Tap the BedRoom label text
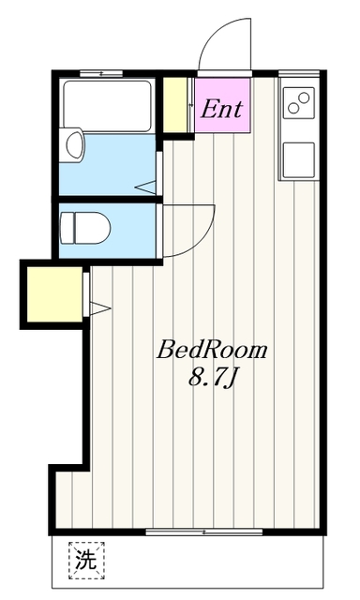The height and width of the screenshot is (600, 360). [x=212, y=352]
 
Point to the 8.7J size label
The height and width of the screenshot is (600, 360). [x=213, y=379]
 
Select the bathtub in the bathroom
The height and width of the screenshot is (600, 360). [x=106, y=106]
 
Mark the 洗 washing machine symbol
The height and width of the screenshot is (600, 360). [x=85, y=562]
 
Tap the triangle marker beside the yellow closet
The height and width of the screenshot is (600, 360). [x=100, y=306]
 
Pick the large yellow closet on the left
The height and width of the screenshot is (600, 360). [x=54, y=294]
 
